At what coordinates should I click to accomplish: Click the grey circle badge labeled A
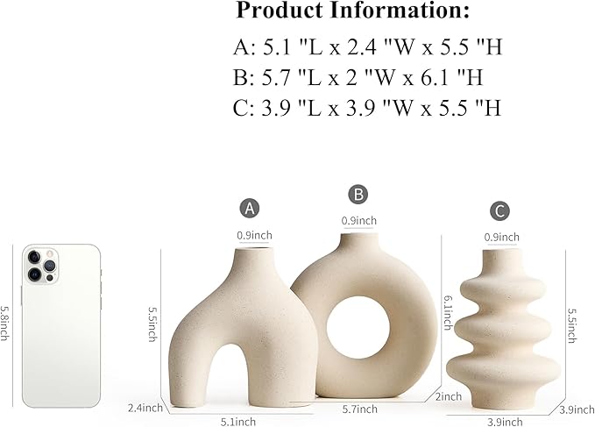pos(251,209)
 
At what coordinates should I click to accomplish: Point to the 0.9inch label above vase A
pos(254,234)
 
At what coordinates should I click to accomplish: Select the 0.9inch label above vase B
pos(359,219)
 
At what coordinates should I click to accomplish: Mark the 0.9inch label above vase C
pos(501,237)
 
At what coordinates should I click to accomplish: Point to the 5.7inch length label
pos(359,409)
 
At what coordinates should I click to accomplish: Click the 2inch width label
pos(450,395)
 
